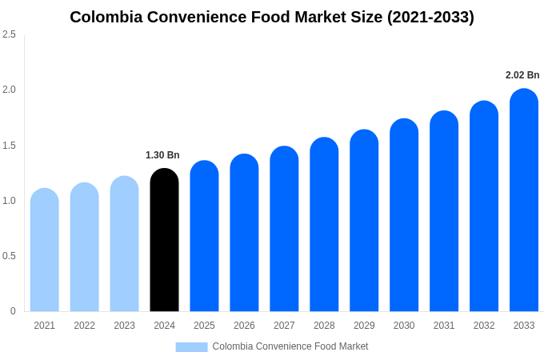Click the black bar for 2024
click(164, 240)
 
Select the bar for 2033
click(524, 200)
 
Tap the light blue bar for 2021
click(45, 250)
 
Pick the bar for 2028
click(324, 224)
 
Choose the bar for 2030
click(404, 215)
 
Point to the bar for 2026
click(244, 233)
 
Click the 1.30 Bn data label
click(162, 155)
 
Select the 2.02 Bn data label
click(522, 75)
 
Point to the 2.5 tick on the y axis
click(9, 34)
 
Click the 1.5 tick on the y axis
click(9, 146)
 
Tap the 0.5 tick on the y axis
click(9, 256)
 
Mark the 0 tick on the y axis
click(13, 311)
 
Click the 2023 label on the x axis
click(124, 326)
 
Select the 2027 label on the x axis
click(284, 326)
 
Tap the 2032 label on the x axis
click(484, 326)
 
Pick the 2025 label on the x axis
click(204, 326)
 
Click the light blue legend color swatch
click(191, 346)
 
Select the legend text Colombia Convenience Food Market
click(290, 346)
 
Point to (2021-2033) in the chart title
click(430, 17)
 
